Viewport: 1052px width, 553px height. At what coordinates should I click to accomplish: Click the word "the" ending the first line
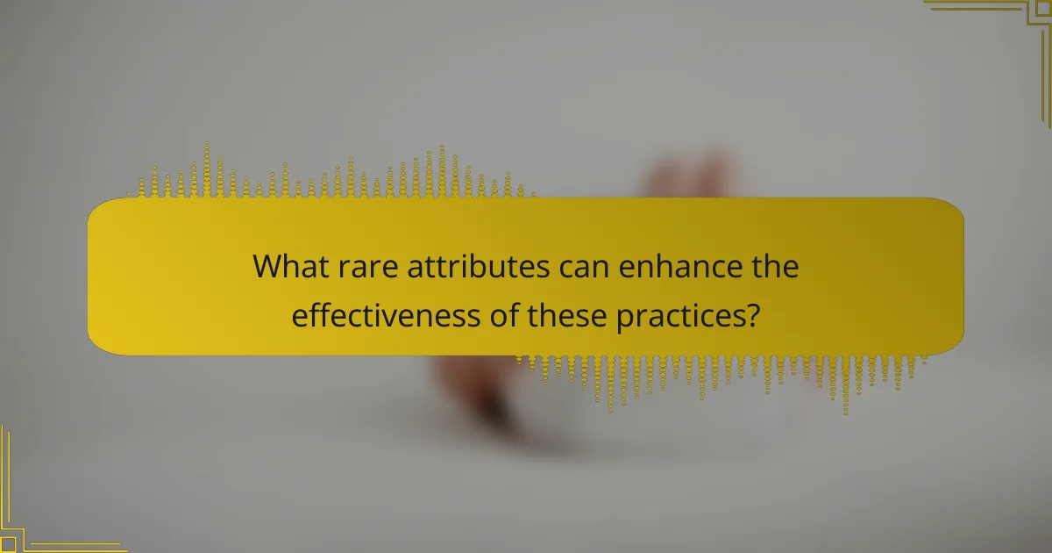pos(775,267)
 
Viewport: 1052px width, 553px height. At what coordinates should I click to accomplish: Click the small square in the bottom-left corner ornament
pos(7,544)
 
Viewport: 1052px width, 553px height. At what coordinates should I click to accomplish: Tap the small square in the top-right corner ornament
pos(1043,7)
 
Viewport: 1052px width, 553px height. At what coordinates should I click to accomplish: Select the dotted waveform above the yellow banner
pos(333,176)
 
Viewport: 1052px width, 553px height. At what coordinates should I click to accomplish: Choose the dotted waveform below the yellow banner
pos(719,376)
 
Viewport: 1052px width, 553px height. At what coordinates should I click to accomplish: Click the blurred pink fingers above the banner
pos(693,176)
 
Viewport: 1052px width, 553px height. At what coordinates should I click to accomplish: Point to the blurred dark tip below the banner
pos(495,413)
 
